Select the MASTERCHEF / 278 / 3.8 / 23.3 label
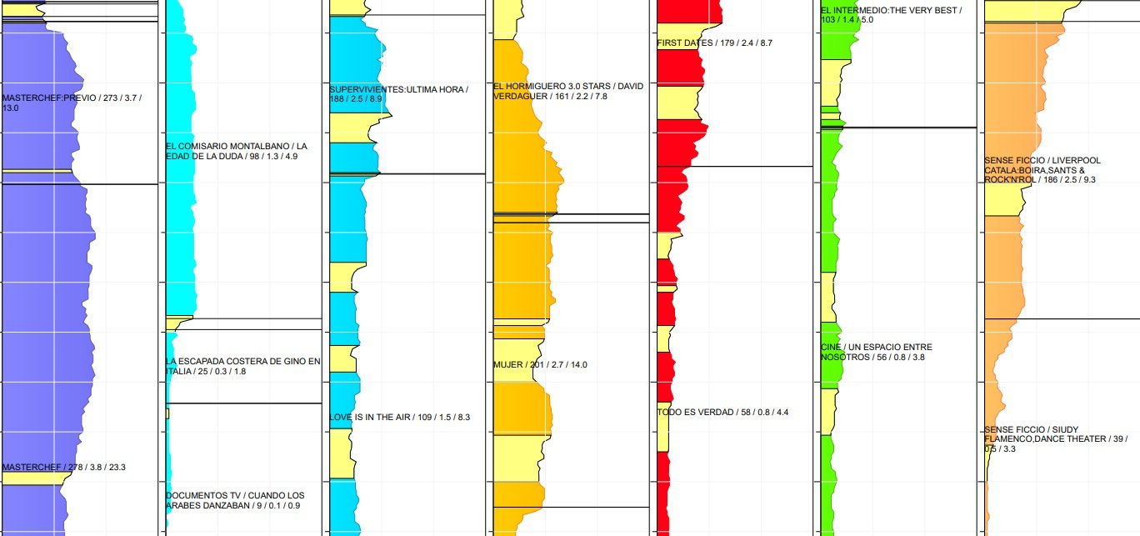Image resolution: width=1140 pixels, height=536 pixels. coord(64,467)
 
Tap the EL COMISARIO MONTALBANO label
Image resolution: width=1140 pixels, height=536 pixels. coord(231,151)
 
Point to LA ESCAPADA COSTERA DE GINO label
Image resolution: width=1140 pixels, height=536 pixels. coord(242,366)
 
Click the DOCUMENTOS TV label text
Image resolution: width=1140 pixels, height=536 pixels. coord(235,500)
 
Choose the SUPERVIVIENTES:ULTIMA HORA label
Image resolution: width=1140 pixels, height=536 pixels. coord(398,94)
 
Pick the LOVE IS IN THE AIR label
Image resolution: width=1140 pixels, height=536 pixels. coord(400,417)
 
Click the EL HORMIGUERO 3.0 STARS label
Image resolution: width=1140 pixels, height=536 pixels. coord(568,91)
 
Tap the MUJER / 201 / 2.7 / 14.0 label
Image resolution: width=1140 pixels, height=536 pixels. coord(540,364)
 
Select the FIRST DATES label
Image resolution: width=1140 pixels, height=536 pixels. coord(714,43)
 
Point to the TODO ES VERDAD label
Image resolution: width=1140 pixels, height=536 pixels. coord(722,412)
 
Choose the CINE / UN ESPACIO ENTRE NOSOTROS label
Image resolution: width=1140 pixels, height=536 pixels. coord(876,352)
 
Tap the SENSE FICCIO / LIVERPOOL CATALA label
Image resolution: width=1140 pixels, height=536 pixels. coord(1042,170)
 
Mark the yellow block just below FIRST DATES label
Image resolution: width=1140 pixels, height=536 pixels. coord(678,102)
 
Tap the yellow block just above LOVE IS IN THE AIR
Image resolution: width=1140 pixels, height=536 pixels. coord(342,358)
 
